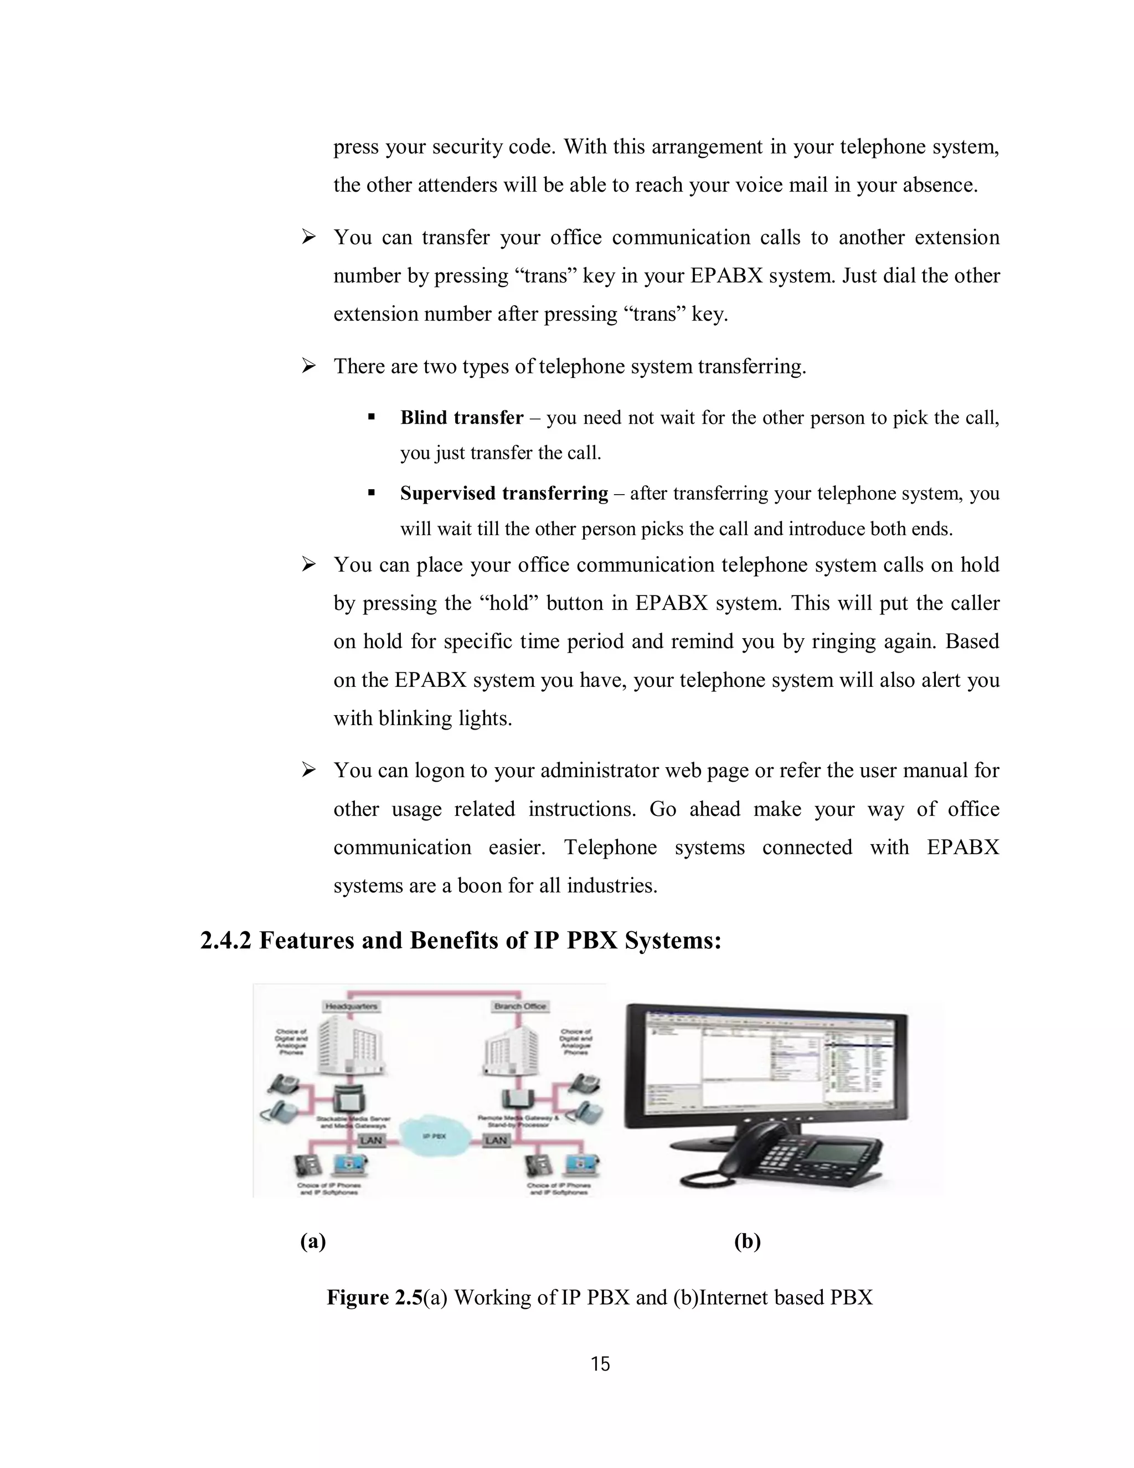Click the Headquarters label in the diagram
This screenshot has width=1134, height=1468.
[x=352, y=1006]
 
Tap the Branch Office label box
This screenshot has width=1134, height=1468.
[x=520, y=1006]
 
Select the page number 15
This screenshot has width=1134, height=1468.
[x=600, y=1364]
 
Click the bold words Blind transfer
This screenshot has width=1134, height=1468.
[x=462, y=418]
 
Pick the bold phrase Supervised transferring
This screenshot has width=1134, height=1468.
[x=504, y=494]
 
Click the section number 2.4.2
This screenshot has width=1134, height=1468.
[x=226, y=941]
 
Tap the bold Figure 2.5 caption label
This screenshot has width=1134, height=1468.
[x=374, y=1297]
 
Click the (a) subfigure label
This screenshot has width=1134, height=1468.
[x=313, y=1241]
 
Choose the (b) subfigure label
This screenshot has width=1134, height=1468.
[x=747, y=1241]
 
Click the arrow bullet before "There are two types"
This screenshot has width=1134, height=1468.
[x=308, y=366]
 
